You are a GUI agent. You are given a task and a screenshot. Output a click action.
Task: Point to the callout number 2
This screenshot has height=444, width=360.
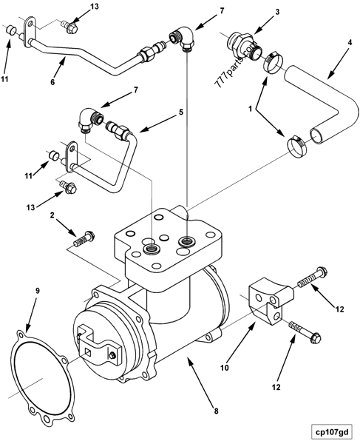(x=52, y=216)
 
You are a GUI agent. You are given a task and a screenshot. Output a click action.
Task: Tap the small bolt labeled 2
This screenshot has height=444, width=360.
(x=84, y=238)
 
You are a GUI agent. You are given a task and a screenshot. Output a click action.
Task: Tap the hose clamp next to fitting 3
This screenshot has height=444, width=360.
(x=274, y=60)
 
